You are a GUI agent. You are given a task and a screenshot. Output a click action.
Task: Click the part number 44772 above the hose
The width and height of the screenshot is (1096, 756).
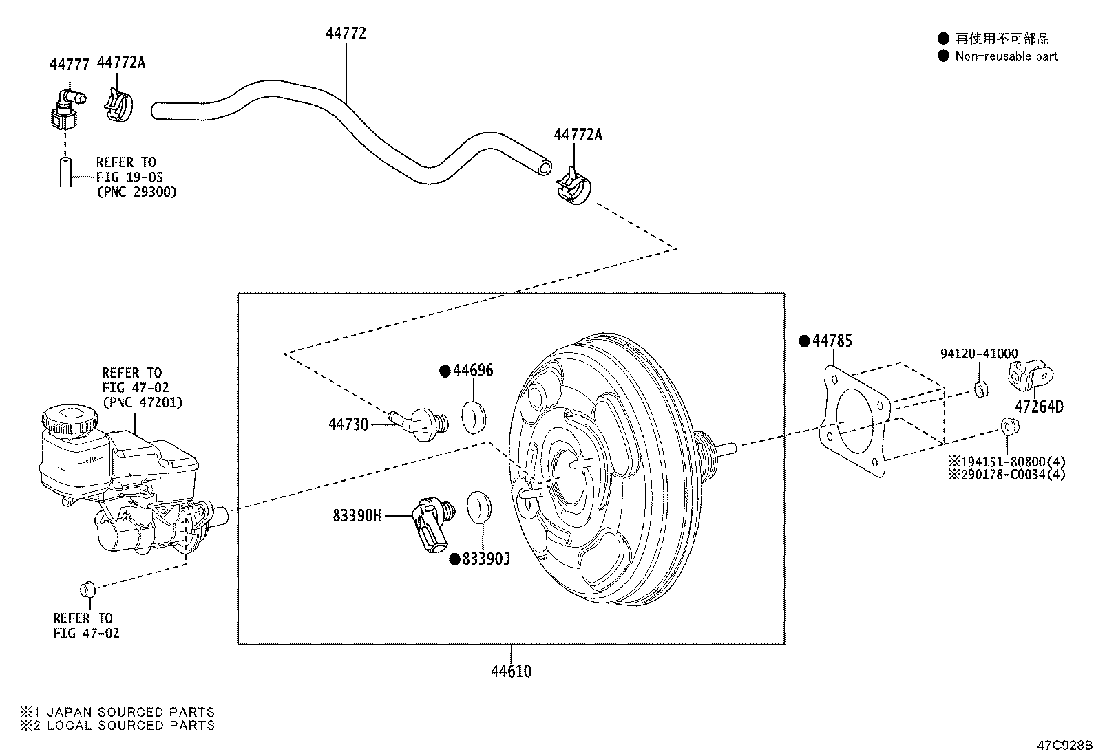pos(346,33)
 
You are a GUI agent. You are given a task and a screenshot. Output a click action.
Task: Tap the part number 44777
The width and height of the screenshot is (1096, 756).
pos(70,64)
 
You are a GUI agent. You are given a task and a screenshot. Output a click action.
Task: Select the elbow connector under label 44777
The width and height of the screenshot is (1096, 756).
pos(67,109)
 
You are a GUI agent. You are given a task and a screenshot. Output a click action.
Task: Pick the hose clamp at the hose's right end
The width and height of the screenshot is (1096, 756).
pos(574,186)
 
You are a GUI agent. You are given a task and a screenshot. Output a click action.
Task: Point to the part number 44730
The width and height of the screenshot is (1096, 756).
pos(348,424)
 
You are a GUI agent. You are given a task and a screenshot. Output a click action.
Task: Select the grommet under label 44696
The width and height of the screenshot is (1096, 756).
pos(474,417)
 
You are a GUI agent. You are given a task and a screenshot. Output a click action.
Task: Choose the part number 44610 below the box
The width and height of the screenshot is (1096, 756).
pos(512,671)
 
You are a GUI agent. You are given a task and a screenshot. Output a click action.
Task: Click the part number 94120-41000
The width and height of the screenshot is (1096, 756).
pos(979,354)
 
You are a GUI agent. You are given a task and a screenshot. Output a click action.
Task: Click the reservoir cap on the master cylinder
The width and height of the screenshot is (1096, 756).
pos(69,419)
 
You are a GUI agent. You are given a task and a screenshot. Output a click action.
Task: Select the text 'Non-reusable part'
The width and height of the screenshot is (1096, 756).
pos(1007,56)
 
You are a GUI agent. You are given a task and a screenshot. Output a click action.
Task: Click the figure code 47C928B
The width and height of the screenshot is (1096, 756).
pos(1065,745)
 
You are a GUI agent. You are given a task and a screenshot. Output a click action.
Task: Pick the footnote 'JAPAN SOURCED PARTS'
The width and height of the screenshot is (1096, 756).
pos(131,712)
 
